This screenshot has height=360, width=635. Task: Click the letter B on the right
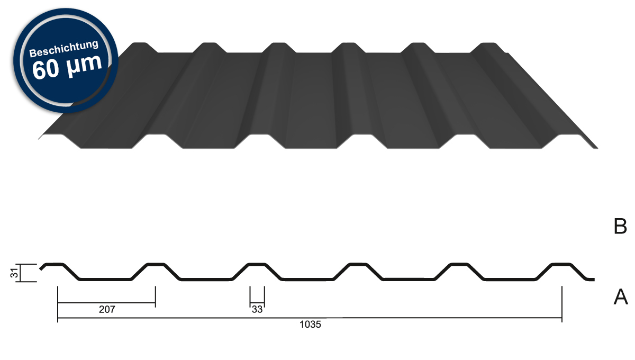[x=620, y=227]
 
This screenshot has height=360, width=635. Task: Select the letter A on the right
[x=620, y=298]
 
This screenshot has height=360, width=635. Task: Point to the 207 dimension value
[x=107, y=310]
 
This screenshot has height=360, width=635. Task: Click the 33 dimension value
[x=257, y=310]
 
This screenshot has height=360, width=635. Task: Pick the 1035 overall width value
[x=310, y=325]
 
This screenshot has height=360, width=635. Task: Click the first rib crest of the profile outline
[x=55, y=264]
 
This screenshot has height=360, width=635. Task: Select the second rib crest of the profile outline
[x=156, y=264]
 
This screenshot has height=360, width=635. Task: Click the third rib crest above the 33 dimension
[x=257, y=264]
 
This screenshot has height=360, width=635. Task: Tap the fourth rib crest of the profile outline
[x=357, y=264]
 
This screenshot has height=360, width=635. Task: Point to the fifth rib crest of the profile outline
[x=458, y=264]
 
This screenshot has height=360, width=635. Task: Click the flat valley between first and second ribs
[x=105, y=279]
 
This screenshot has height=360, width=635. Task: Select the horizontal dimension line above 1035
[x=310, y=319]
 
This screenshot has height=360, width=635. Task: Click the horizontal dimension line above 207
[x=106, y=303]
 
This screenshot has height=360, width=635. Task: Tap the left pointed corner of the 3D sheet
[x=39, y=139]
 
